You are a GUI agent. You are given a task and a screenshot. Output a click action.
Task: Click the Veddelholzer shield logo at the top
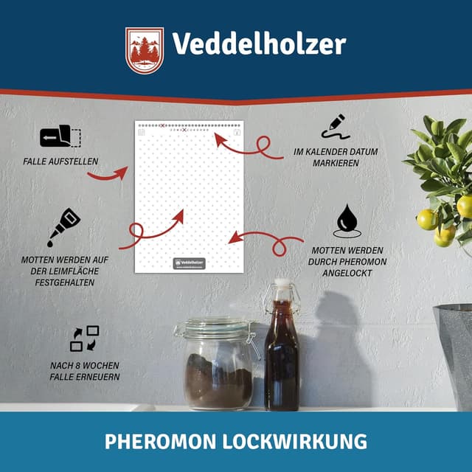click(144, 51)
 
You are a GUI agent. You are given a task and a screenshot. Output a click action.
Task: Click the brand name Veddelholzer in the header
click(259, 44)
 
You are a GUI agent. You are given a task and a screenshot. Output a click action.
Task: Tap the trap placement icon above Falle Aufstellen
click(60, 137)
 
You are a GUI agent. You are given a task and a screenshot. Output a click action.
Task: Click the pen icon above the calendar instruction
click(335, 125)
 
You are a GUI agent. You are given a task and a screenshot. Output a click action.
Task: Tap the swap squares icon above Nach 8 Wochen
click(84, 339)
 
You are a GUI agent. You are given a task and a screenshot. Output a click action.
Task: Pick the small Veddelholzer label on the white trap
click(189, 263)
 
